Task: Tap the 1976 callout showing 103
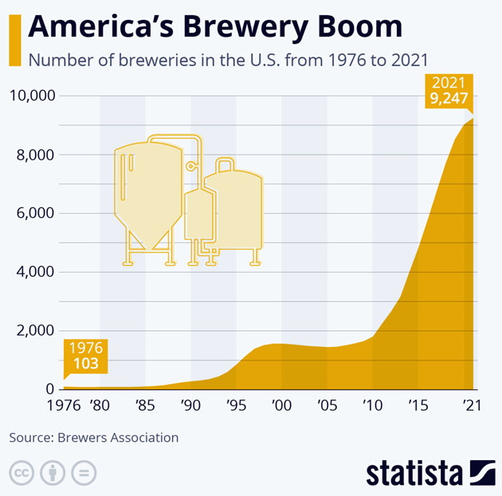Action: click(x=86, y=356)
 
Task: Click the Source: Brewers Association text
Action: click(x=94, y=438)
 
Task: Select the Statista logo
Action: click(x=430, y=472)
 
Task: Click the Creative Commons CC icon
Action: click(x=22, y=472)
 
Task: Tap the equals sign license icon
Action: click(x=84, y=472)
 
